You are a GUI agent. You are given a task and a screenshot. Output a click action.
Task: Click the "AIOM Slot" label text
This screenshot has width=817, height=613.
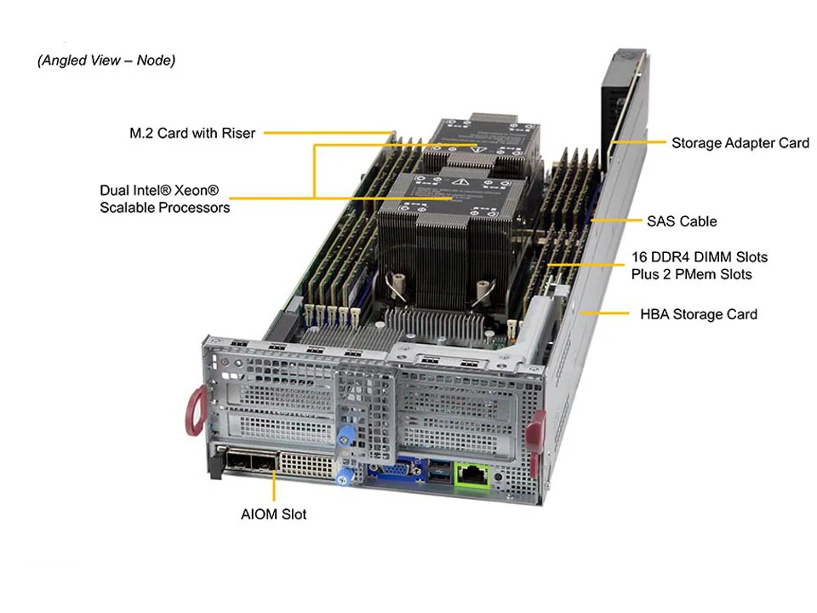[273, 514]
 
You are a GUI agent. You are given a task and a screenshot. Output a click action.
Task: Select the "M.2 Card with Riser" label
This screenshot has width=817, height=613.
[191, 133]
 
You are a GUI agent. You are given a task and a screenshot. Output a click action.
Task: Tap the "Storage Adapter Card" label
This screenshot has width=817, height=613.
[740, 143]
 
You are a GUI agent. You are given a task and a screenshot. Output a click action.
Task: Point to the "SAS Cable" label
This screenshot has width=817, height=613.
[682, 221]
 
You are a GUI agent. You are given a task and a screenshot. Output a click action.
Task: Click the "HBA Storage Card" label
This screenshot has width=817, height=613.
[698, 314]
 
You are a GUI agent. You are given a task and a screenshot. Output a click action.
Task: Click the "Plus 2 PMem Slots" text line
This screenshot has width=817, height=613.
[691, 274]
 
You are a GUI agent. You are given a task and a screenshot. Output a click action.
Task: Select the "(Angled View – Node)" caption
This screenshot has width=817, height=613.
[106, 60]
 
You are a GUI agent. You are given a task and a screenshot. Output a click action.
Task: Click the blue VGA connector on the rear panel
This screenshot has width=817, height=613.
[394, 471]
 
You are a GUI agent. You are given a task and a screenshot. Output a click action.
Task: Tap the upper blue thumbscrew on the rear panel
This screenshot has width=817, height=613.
[345, 435]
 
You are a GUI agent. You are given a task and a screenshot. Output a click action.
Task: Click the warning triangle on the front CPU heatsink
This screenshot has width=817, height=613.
[460, 183]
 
